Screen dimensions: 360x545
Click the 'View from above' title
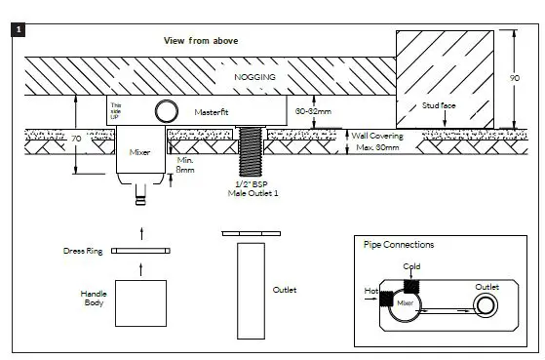pyautogui.click(x=200, y=40)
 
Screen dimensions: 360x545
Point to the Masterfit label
pyautogui.click(x=211, y=112)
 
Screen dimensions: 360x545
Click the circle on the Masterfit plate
pyautogui.click(x=166, y=109)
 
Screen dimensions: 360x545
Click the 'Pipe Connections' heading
pyautogui.click(x=399, y=245)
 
